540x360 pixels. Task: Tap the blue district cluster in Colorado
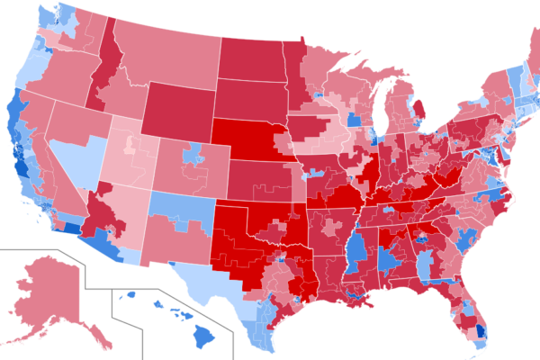pos(191,157)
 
